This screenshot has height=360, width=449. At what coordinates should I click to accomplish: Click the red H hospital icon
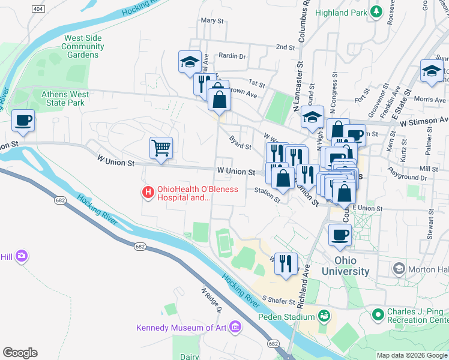[x=147, y=193]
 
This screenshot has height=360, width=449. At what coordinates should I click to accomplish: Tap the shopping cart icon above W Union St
[x=161, y=147]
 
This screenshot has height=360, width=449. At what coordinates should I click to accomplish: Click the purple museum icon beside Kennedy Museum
[x=235, y=328]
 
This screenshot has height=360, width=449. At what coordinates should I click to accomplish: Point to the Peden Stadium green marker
[x=324, y=316]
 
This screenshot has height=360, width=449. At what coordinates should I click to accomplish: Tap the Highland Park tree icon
[x=376, y=12]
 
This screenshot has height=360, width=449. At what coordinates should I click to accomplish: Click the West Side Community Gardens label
[x=83, y=46]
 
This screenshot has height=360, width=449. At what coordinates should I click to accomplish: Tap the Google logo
[x=20, y=352]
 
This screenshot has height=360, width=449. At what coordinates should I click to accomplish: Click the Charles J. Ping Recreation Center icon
[x=378, y=314]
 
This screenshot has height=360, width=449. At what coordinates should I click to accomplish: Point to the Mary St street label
[x=212, y=20]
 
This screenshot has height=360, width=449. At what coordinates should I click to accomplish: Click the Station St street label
[x=267, y=194]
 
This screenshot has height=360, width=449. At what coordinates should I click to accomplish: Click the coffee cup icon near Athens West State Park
[x=23, y=120]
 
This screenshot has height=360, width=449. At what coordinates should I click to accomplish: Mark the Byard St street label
[x=240, y=143]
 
